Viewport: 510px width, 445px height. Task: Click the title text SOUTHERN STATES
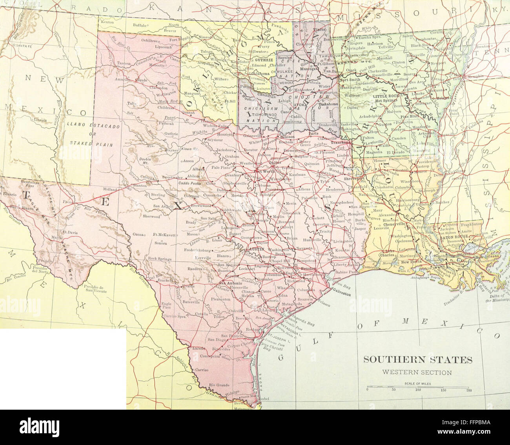click(417, 359)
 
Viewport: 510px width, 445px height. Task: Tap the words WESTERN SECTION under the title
click(417, 372)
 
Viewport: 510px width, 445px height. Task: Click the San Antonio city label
click(228, 283)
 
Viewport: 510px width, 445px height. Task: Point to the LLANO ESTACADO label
click(87, 125)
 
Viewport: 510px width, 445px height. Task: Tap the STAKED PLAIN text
click(91, 144)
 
